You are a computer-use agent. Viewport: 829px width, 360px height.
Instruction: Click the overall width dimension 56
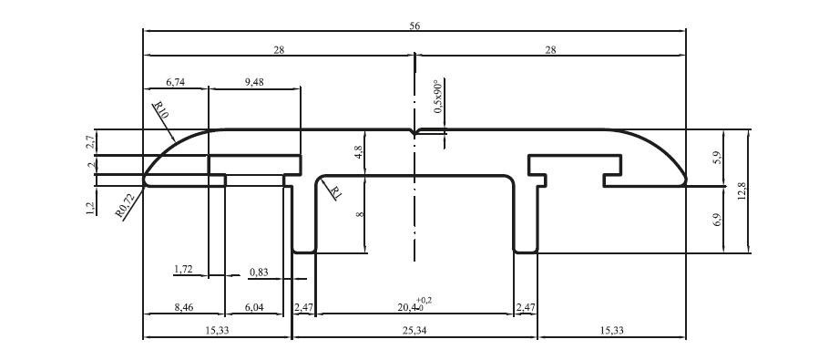coord(414,26)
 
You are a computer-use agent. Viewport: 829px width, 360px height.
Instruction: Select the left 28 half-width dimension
coord(279,50)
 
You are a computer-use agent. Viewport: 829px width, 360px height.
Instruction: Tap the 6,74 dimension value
coord(176,82)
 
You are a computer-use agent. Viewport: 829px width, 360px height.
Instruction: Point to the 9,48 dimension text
coord(254,82)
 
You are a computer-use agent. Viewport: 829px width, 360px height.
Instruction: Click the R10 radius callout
coord(160,110)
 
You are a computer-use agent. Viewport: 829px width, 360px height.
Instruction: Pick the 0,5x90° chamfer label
coord(438,97)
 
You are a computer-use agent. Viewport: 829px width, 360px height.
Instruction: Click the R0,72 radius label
coord(126,206)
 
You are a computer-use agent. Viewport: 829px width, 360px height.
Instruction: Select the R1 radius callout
coord(336,192)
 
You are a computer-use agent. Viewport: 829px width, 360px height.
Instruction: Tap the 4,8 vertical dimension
coord(359,152)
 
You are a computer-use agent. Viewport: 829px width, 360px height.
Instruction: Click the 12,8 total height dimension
coord(742,191)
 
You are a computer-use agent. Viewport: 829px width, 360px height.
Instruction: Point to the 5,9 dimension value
coord(718,158)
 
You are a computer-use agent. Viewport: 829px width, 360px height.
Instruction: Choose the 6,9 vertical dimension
coord(718,220)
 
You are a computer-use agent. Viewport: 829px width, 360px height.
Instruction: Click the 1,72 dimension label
coord(183,270)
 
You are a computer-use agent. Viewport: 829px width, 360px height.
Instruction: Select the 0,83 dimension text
coord(259,273)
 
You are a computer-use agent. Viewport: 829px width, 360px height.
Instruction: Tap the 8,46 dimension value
coord(183,308)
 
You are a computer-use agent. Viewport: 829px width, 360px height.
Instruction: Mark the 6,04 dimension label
coord(254,308)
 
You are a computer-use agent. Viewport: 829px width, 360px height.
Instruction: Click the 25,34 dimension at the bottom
coord(414,331)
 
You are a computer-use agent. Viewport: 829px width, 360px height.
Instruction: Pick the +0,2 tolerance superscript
coord(424,301)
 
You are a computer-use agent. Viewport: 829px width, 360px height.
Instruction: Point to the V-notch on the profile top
coord(414,132)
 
